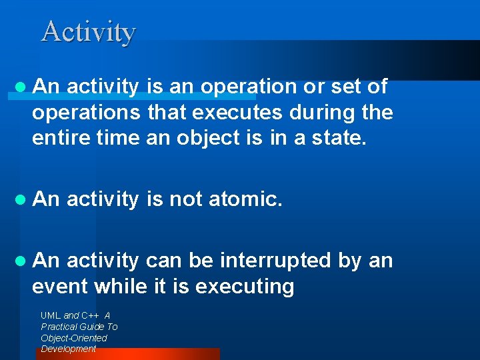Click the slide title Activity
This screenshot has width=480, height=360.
[x=89, y=31]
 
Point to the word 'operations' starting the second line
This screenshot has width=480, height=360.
[x=86, y=113]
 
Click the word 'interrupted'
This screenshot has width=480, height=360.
[x=277, y=260]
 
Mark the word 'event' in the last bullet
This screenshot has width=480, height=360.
[x=60, y=286]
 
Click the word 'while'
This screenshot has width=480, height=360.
[x=121, y=286]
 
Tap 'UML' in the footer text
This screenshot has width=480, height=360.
[x=51, y=315]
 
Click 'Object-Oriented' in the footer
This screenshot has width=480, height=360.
[x=74, y=338]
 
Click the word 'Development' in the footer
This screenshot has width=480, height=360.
[x=69, y=349]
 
